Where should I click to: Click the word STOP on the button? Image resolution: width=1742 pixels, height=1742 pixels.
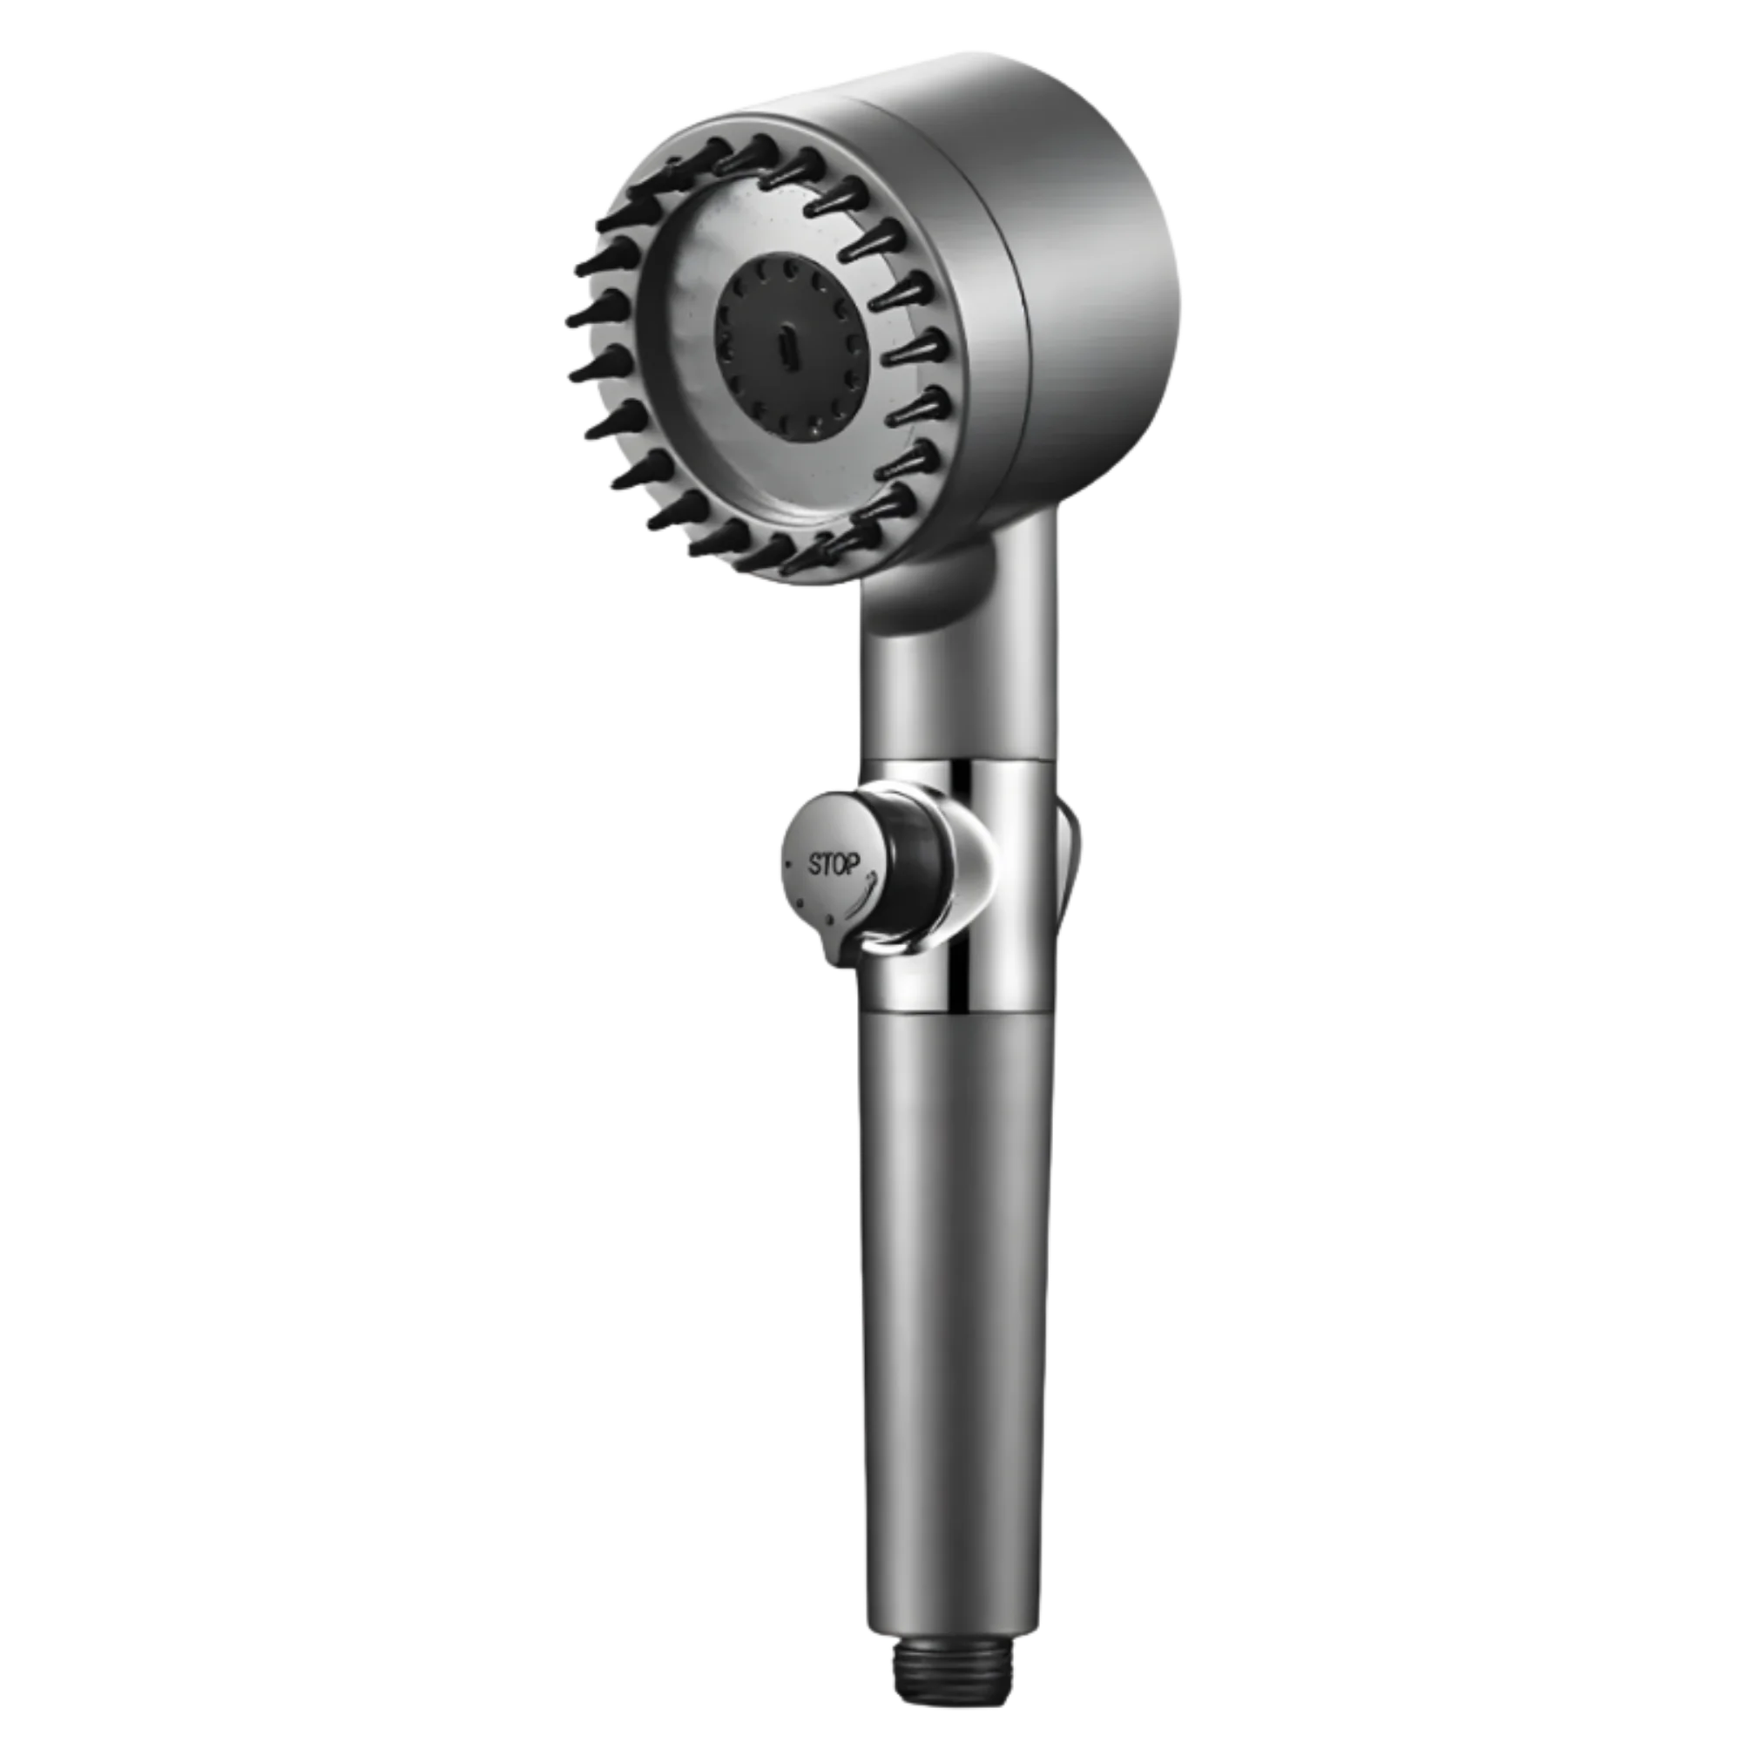(x=834, y=865)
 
